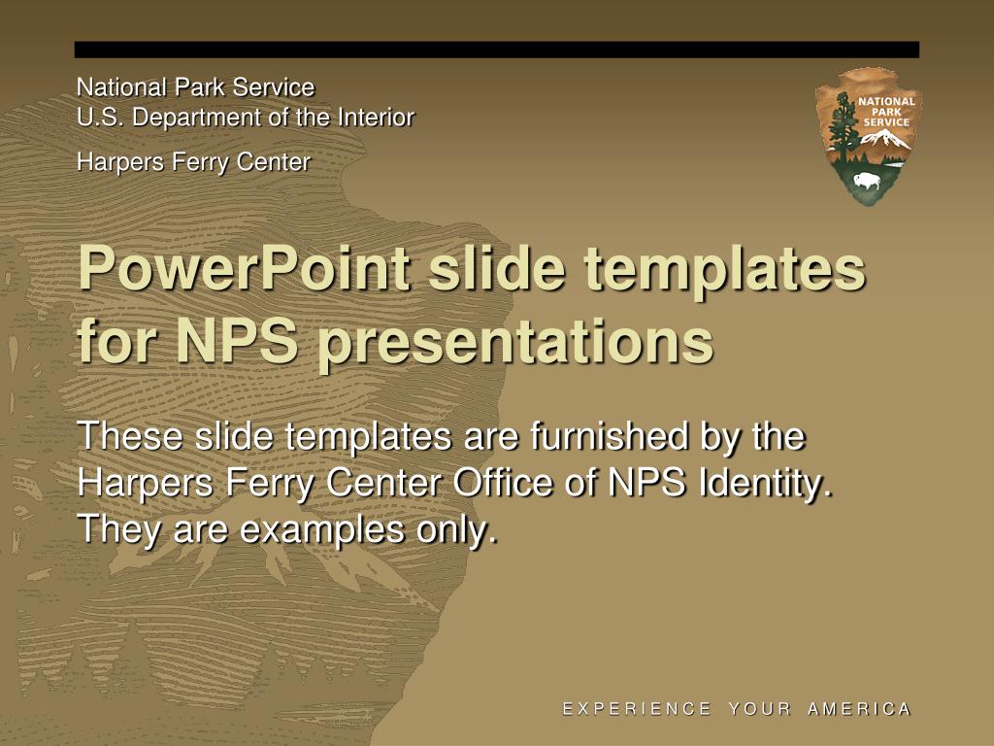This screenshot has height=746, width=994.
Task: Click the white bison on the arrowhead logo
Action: coord(867,180)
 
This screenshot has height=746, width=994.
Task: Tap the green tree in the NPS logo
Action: coord(845,127)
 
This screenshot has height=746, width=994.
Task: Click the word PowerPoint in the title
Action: coord(245,268)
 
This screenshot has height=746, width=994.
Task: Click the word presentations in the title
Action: coord(515,343)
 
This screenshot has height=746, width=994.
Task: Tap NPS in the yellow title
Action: coord(237,341)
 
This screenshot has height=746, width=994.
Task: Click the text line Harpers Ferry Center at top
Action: coord(193,162)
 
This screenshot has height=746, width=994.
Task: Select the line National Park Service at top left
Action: coord(195,86)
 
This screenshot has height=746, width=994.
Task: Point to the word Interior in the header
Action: coord(376,118)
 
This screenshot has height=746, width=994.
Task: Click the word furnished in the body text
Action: coord(609,436)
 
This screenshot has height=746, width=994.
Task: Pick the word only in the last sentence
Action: coord(456,529)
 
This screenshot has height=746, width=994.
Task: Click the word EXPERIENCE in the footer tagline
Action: coord(637,708)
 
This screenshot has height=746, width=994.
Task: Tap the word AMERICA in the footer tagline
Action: coord(860,708)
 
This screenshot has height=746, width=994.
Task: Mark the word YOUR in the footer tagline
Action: coord(759,708)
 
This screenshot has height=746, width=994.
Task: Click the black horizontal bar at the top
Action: coord(496,50)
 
